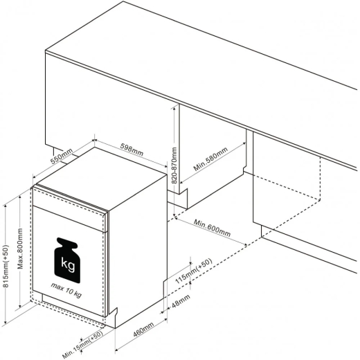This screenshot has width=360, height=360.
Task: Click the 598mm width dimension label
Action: pyautogui.click(x=132, y=150)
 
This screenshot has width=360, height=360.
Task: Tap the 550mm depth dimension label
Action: pyautogui.click(x=62, y=156)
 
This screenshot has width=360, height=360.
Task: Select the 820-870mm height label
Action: pyautogui.click(x=174, y=165)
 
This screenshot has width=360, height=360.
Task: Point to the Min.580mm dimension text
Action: pyautogui.click(x=210, y=159)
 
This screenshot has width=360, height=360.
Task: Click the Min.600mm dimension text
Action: pyautogui.click(x=212, y=228)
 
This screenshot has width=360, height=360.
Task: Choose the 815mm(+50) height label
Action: pyautogui.click(x=6, y=266)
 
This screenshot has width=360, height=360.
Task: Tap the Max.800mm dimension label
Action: pyautogui.click(x=20, y=249)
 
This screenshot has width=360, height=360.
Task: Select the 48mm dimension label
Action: pyautogui.click(x=181, y=300)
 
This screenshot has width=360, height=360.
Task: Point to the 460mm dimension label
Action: pyautogui.click(x=143, y=330)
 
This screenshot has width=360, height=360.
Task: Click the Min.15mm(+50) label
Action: pyautogui.click(x=82, y=345)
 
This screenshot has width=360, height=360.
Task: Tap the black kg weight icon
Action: pyautogui.click(x=67, y=260)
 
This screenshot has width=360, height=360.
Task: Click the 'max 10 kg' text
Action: pyautogui.click(x=66, y=290)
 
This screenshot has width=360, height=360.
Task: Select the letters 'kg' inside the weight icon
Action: pyautogui.click(x=68, y=264)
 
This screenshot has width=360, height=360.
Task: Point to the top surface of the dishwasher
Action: pyautogui.click(x=101, y=178)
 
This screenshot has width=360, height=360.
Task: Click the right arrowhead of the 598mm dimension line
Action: pyautogui.click(x=165, y=166)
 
